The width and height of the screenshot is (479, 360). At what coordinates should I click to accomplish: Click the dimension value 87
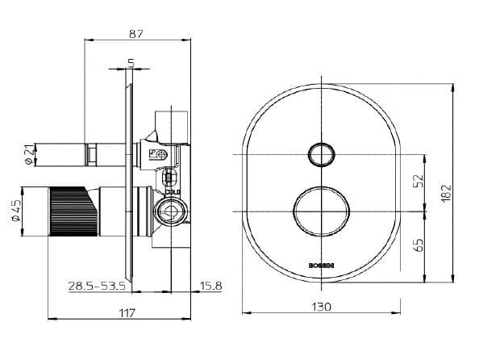coord(136,33)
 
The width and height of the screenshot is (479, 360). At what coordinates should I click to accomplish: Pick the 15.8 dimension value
coord(211,286)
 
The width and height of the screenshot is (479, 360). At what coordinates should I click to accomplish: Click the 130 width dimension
coord(322,307)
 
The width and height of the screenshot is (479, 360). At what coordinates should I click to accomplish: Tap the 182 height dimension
coord(447,193)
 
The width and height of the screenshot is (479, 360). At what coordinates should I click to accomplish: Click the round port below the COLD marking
coord(171,212)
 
